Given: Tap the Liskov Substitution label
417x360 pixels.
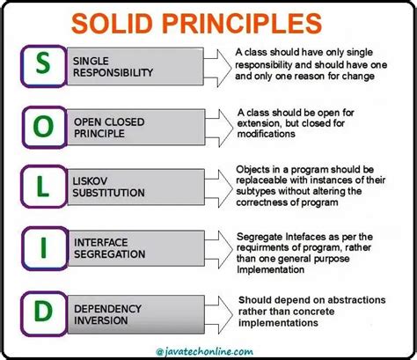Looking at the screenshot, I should (109, 187).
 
